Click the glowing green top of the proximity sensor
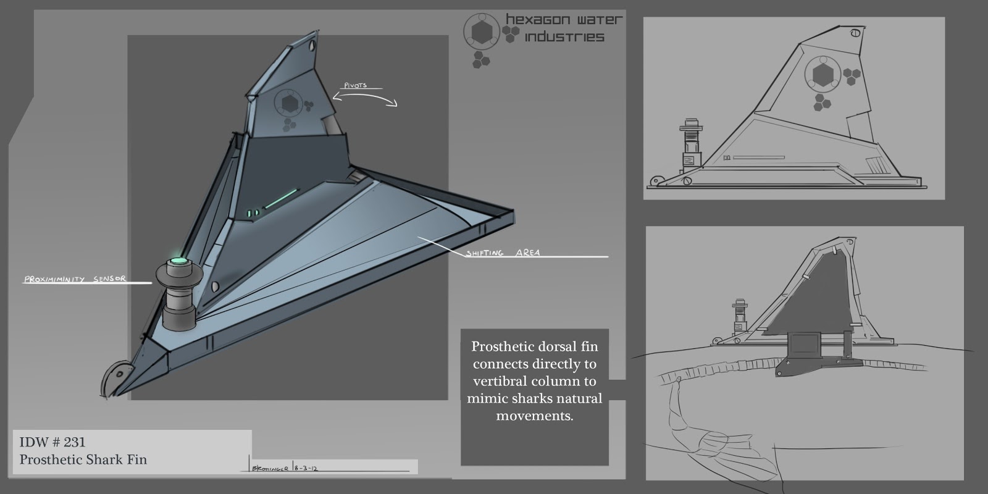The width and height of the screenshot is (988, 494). (x=180, y=261)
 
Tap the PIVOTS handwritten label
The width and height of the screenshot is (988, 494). (x=355, y=85)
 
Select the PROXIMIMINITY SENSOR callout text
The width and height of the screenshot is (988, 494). (x=75, y=279)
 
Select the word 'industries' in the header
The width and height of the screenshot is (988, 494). (x=563, y=38)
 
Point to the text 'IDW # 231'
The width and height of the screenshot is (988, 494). (x=52, y=442)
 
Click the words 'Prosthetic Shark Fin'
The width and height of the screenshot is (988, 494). (x=83, y=460)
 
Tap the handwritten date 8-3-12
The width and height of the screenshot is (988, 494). (x=307, y=469)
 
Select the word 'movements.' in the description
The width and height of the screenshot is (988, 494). (x=535, y=416)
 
